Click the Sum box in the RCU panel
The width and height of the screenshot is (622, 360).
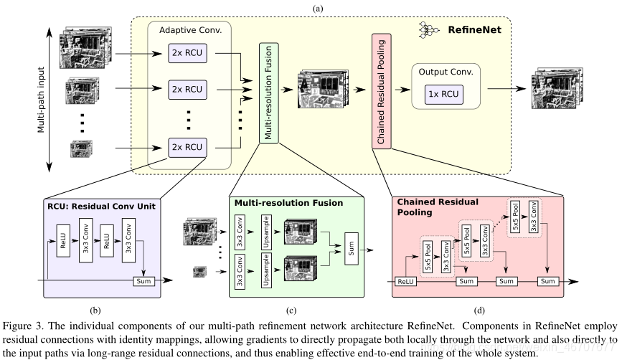coord(144,280)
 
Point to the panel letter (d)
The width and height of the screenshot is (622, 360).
coord(479,311)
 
